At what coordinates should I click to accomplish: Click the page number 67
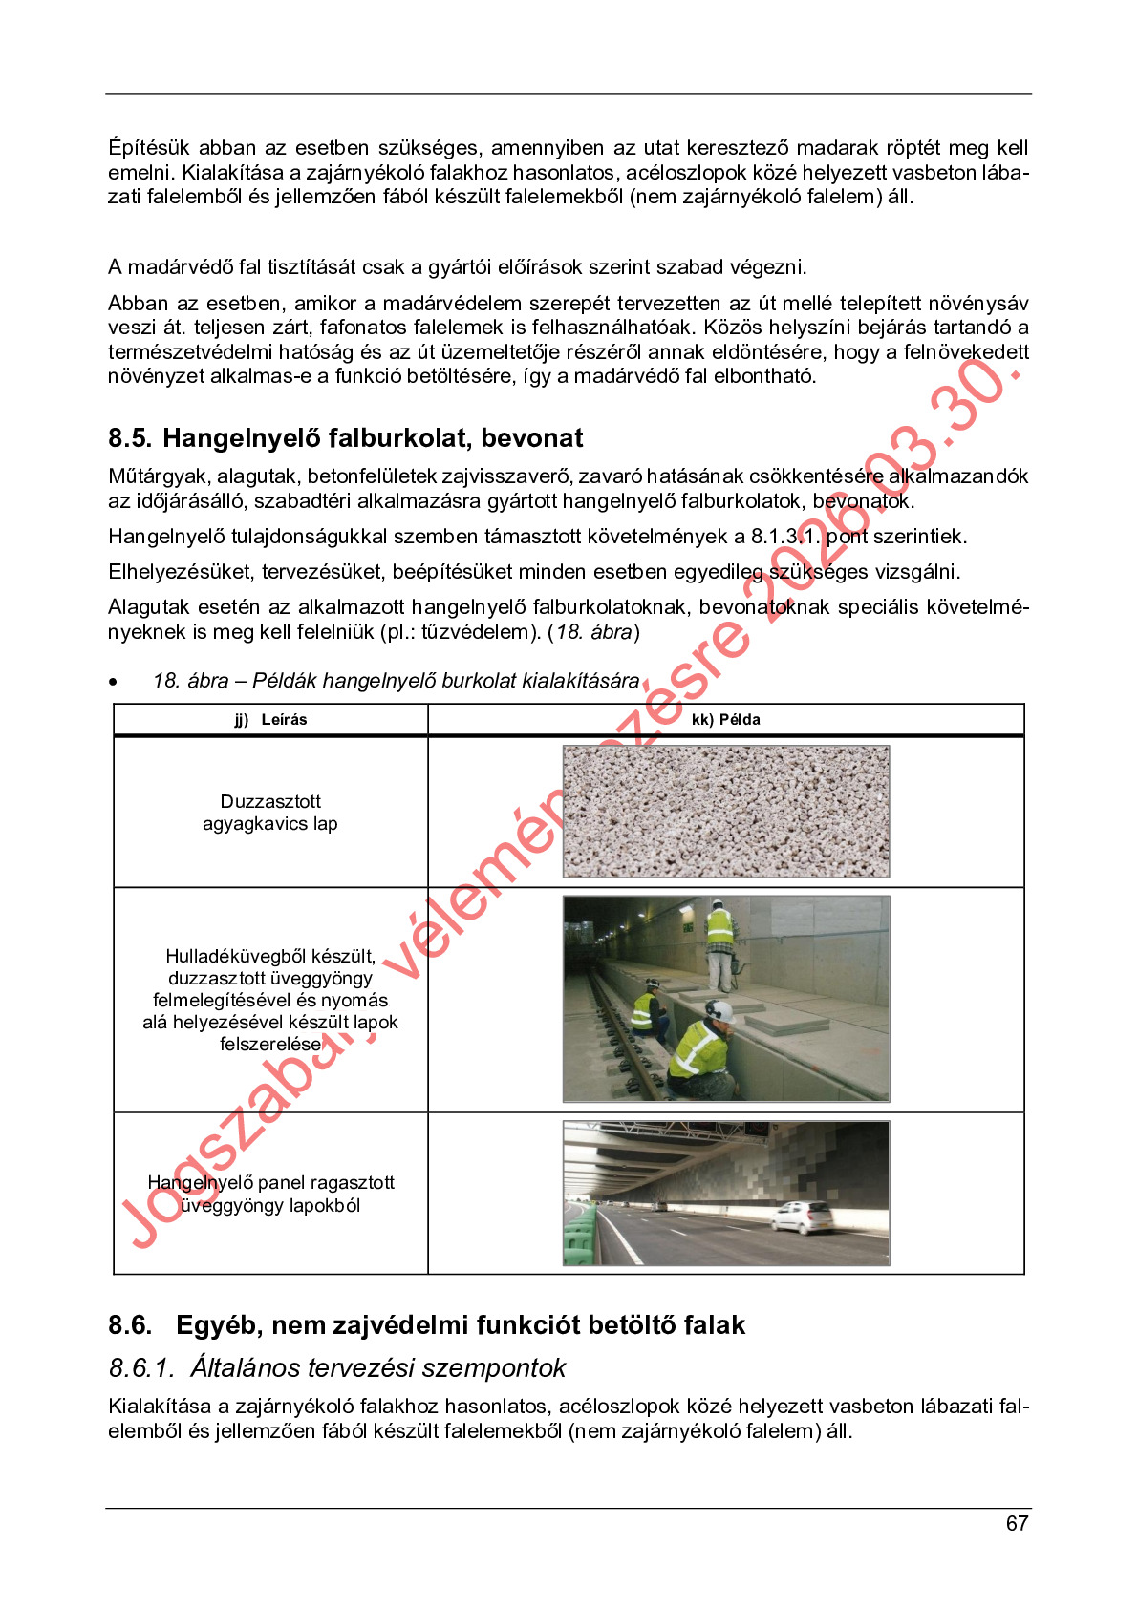tap(1017, 1523)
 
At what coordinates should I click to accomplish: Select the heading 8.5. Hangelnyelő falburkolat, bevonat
tap(345, 438)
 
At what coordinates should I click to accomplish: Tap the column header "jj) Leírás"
tap(270, 720)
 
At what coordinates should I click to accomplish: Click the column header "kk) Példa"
tap(725, 720)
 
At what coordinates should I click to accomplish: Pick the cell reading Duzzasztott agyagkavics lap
tap(270, 813)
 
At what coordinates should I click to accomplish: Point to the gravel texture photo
tap(726, 812)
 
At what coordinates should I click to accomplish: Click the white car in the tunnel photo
tap(803, 1217)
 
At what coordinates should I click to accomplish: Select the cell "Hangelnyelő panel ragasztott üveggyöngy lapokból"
tap(270, 1194)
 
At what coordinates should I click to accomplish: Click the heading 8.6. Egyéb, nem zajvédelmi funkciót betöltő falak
tap(426, 1325)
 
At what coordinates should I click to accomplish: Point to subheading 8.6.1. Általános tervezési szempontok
tap(337, 1368)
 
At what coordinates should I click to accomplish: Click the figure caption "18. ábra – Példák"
tap(396, 681)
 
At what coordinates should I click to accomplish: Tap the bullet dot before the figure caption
tap(114, 682)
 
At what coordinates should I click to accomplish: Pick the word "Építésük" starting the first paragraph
tap(149, 148)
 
